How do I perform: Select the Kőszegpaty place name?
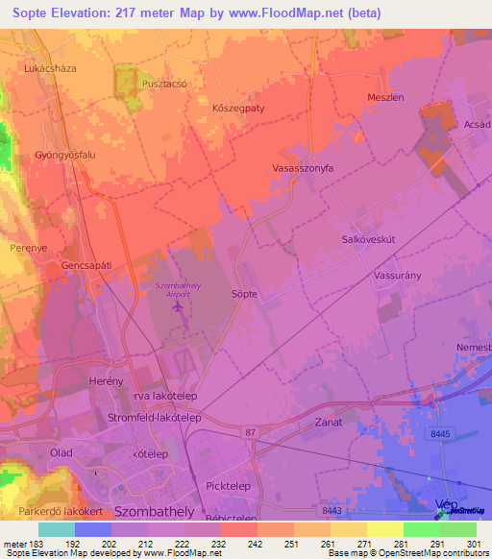(x=237, y=109)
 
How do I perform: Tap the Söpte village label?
(x=244, y=294)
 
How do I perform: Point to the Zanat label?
(x=329, y=422)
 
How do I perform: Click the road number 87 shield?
(x=250, y=433)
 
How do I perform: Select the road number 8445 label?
(x=440, y=436)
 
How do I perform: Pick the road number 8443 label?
(x=332, y=510)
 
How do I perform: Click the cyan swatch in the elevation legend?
(x=57, y=528)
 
